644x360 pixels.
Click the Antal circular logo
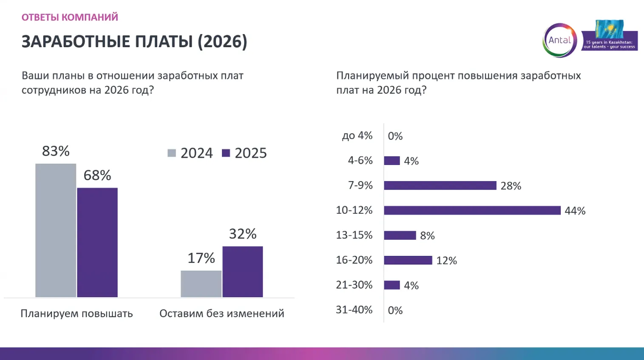point(559,40)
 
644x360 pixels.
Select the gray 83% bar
point(56,230)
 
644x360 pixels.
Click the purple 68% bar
point(97,242)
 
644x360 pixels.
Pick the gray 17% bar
point(201,283)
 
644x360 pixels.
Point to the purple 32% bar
point(243,272)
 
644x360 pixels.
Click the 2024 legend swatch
point(172,153)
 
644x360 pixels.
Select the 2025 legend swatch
point(226,153)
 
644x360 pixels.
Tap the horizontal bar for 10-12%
point(472,210)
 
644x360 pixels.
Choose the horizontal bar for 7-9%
point(440,185)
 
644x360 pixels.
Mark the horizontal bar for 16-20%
point(408,260)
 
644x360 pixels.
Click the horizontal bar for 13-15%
point(400,235)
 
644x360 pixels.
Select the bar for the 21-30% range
point(392,285)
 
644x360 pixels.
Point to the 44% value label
point(575,211)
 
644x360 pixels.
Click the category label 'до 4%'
point(357,136)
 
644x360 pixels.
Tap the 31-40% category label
point(354,310)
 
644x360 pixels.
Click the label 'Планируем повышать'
point(77,314)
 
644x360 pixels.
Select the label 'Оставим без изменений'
point(221,314)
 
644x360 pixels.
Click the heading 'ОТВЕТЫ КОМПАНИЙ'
point(70,17)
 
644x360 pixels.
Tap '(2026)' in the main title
point(222,42)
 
